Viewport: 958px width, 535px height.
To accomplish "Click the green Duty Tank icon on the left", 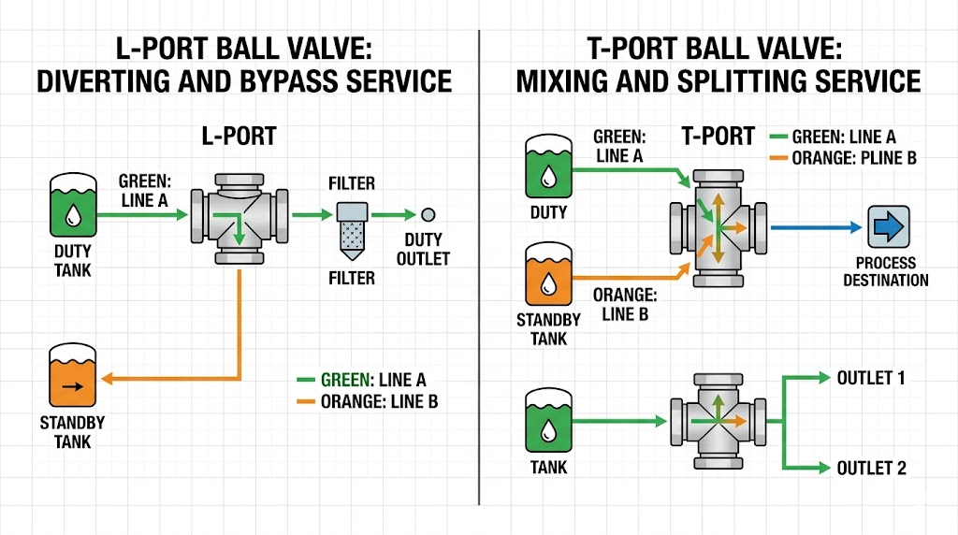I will (x=72, y=205).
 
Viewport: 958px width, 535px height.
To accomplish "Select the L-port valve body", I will (x=239, y=216).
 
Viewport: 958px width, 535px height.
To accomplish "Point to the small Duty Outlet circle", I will (x=429, y=214).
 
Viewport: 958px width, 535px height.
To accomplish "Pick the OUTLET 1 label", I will (x=871, y=378).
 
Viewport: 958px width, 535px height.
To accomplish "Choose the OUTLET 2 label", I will (x=871, y=468).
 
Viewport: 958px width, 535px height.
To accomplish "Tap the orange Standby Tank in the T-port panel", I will (x=549, y=273).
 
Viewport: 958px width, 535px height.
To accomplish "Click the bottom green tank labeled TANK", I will (x=549, y=422).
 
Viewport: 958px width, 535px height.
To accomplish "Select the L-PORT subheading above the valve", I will (x=239, y=136).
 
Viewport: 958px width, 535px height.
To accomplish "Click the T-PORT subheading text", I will (x=717, y=136).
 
